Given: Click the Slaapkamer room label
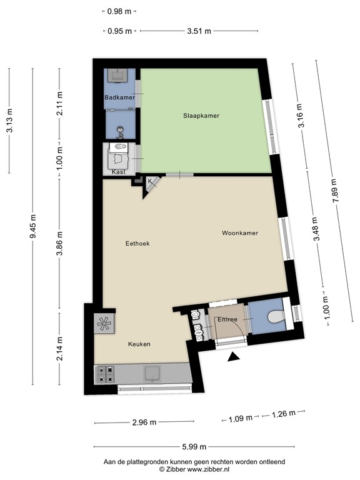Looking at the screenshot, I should (x=201, y=116).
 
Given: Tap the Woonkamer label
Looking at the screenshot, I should (x=240, y=233).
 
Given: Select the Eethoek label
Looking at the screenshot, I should (x=137, y=243).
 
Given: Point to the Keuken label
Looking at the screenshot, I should (x=139, y=344).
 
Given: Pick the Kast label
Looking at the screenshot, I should (x=118, y=171).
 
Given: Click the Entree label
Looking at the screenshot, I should (x=227, y=320).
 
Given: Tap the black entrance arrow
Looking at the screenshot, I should (x=234, y=357).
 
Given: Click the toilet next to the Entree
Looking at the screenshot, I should (x=273, y=317).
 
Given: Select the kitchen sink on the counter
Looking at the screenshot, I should (x=152, y=373).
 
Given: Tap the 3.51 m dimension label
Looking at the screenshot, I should (x=200, y=31).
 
